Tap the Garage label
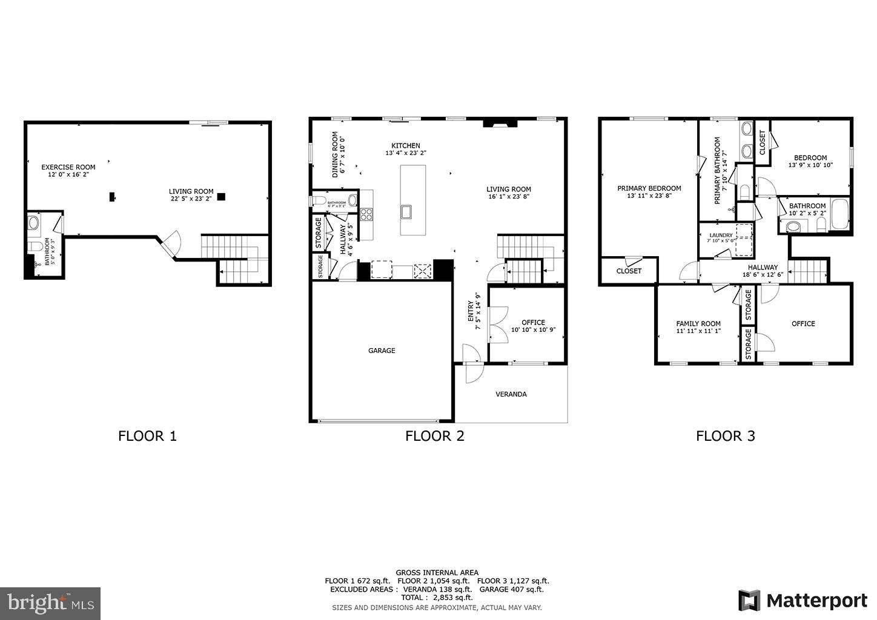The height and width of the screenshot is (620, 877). (382, 351)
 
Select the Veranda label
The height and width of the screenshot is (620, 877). (511, 394)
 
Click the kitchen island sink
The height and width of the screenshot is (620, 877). (406, 211)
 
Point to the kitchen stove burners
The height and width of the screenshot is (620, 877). (366, 214)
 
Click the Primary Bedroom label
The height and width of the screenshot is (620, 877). (649, 188)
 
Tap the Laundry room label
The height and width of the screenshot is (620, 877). (721, 235)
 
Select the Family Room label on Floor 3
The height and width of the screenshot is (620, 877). (698, 323)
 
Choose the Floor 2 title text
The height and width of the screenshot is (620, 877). (434, 435)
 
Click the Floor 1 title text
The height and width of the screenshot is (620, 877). (147, 435)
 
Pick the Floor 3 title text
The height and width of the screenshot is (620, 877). (725, 435)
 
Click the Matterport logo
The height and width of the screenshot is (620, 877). (803, 601)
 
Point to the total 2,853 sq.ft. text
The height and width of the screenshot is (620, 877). (437, 597)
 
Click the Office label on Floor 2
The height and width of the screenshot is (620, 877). (533, 322)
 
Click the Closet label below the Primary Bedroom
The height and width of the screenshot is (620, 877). (629, 271)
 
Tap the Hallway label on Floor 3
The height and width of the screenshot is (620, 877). (763, 267)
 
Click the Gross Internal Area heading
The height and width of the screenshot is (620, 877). (437, 572)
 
